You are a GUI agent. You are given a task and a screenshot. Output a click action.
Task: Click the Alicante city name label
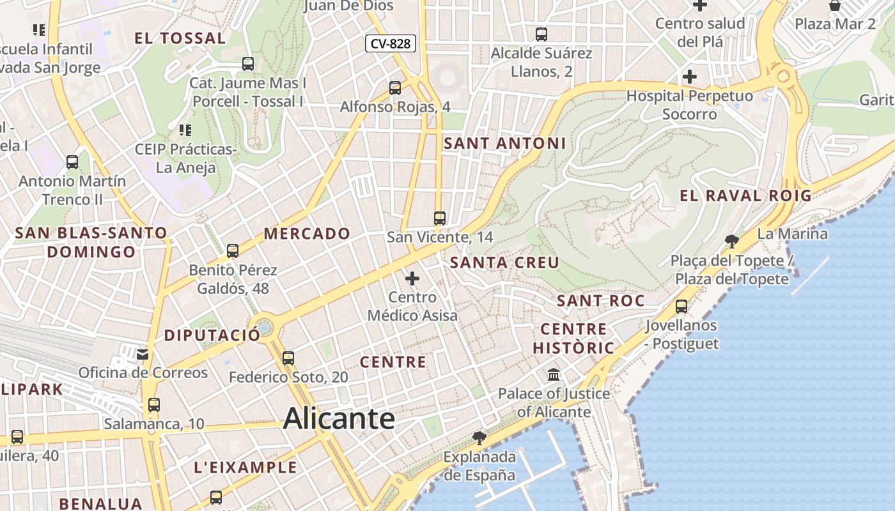click(339, 419)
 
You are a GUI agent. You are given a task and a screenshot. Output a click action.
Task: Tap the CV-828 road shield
click(391, 43)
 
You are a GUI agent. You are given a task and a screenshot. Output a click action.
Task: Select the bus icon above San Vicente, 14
click(439, 218)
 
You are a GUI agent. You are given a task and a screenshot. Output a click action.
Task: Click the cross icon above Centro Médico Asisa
click(412, 278)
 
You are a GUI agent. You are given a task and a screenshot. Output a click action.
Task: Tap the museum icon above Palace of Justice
click(554, 374)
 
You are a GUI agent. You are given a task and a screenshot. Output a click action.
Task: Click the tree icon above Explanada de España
click(479, 438)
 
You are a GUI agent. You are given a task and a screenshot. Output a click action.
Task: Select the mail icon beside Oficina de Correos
click(143, 353)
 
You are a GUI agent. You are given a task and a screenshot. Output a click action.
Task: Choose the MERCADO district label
click(307, 234)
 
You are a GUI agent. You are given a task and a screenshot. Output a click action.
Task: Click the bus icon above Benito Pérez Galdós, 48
click(233, 251)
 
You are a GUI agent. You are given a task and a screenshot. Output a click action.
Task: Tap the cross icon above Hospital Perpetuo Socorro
click(689, 77)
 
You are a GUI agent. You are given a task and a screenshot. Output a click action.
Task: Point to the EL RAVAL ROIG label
click(745, 196)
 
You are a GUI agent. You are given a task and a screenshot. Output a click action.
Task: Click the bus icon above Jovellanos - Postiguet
click(681, 307)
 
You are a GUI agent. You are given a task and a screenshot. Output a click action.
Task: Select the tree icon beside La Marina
click(732, 241)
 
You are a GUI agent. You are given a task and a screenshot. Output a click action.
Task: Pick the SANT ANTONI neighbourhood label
click(504, 144)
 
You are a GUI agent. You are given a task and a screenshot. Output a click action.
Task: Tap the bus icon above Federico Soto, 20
click(288, 358)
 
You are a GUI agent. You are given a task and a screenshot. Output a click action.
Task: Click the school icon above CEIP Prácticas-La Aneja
click(185, 131)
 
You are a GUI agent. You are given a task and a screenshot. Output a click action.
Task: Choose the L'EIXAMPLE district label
click(245, 468)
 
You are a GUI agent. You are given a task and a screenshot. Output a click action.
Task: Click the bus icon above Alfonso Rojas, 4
click(395, 88)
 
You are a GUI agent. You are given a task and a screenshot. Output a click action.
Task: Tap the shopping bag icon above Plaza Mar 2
click(835, 6)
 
